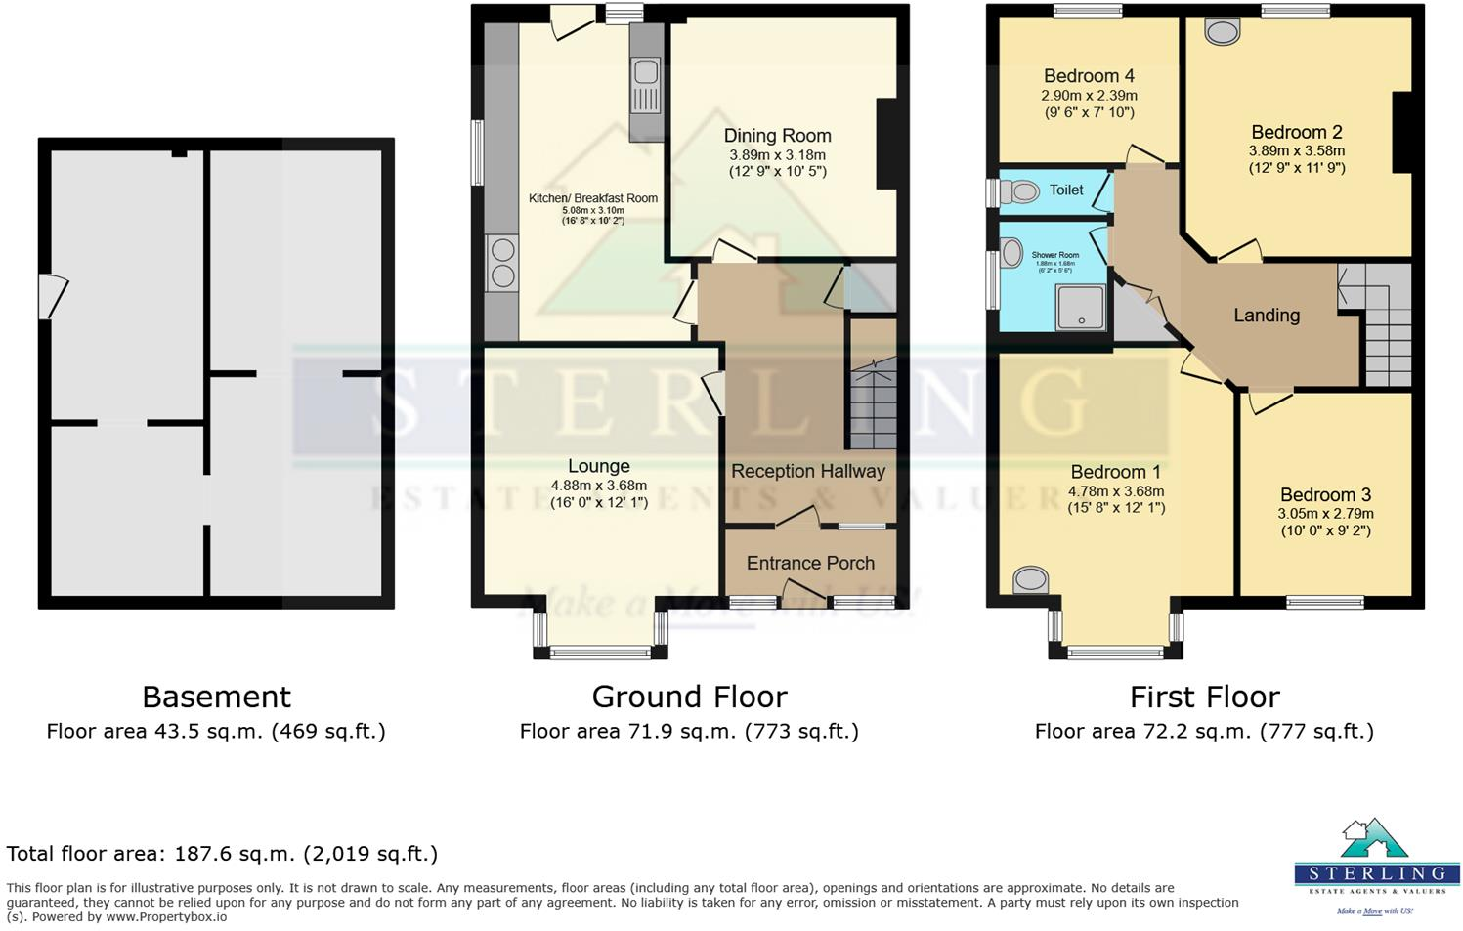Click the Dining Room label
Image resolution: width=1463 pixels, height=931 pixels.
[777, 136]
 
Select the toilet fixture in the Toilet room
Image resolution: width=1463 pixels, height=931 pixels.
[1020, 191]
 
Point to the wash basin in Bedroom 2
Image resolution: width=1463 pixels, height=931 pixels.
[1221, 32]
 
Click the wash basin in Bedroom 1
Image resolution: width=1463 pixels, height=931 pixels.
[1030, 580]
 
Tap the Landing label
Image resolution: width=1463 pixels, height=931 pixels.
[1267, 316]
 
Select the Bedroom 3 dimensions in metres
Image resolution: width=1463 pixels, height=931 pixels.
[1326, 514]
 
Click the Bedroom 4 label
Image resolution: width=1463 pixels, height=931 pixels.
[1089, 76]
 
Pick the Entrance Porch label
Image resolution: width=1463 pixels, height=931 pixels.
[810, 564]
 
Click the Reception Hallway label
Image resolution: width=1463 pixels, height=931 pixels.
[808, 471]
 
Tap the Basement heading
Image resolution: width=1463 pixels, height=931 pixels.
[216, 697]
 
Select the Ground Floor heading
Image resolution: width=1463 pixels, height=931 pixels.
[689, 697]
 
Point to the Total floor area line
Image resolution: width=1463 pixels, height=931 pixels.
[222, 854]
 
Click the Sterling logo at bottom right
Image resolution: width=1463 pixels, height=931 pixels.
[1376, 865]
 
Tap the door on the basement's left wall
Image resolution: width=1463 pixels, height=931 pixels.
[50, 296]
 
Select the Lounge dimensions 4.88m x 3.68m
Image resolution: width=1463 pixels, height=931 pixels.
[598, 486]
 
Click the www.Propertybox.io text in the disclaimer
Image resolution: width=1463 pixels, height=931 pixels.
[166, 917]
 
